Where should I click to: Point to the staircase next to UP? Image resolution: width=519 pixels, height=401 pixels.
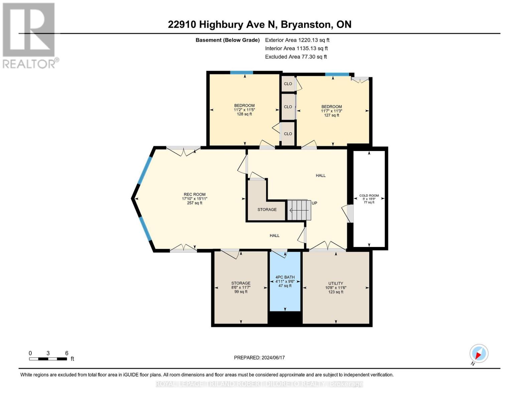pos(299,210)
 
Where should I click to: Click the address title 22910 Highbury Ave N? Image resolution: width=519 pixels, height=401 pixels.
pos(259,24)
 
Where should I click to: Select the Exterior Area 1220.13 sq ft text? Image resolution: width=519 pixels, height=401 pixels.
pos(297,40)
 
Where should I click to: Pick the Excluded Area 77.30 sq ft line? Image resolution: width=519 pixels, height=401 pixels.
pos(296,57)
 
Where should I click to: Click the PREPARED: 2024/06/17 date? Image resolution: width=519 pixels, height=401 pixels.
pos(259,358)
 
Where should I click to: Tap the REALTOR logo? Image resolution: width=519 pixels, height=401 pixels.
pos(29,35)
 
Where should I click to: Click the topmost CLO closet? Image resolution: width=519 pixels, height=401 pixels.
pos(288,84)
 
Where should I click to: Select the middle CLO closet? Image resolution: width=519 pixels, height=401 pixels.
pos(288,107)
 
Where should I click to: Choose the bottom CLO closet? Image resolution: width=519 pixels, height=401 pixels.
pos(288,134)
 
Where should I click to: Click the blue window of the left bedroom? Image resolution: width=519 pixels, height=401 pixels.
pos(241,73)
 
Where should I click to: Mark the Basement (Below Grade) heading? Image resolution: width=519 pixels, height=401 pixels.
pos(228,40)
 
